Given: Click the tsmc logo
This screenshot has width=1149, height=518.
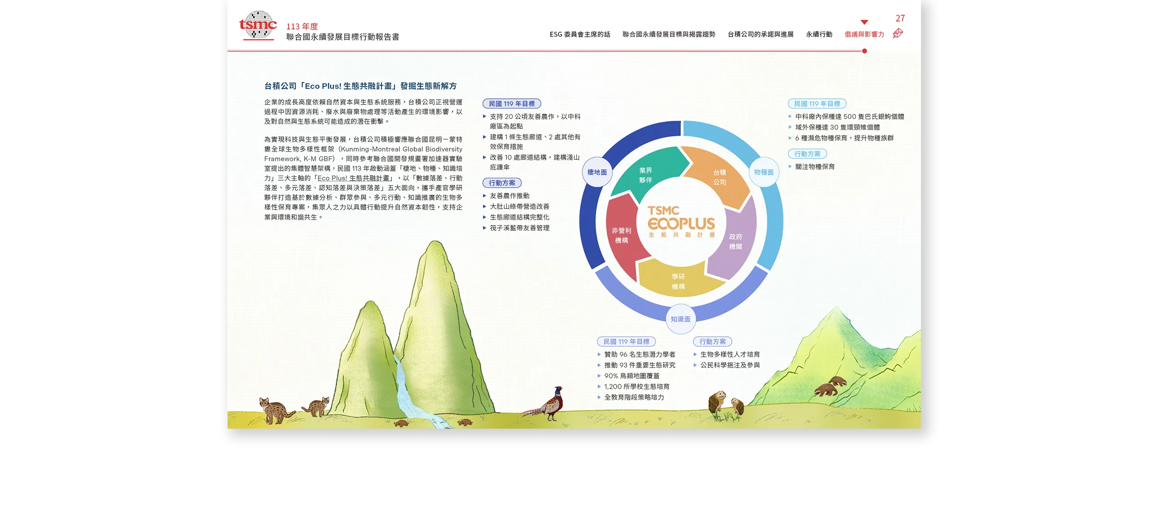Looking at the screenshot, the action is click(x=258, y=25).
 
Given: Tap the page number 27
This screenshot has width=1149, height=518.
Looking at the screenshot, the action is click(x=900, y=18).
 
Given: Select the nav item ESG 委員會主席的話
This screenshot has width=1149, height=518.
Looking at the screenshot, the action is click(x=580, y=35).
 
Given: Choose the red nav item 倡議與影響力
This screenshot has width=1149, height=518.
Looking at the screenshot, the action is click(x=864, y=35).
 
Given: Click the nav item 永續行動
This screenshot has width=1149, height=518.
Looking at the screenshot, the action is click(x=819, y=35).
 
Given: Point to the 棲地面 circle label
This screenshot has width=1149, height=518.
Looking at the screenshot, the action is click(x=597, y=172).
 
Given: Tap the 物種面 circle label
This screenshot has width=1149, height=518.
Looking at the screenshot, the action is click(x=763, y=172).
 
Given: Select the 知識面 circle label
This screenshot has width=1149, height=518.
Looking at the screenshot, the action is click(x=680, y=319).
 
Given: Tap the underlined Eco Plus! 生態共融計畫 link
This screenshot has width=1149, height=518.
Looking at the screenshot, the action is click(x=353, y=178).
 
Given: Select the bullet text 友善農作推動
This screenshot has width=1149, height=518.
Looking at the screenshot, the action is click(x=509, y=196).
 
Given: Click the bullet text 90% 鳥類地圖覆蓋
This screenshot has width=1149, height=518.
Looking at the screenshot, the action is click(x=632, y=376).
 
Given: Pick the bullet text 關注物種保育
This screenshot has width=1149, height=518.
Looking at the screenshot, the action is click(x=815, y=167).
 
